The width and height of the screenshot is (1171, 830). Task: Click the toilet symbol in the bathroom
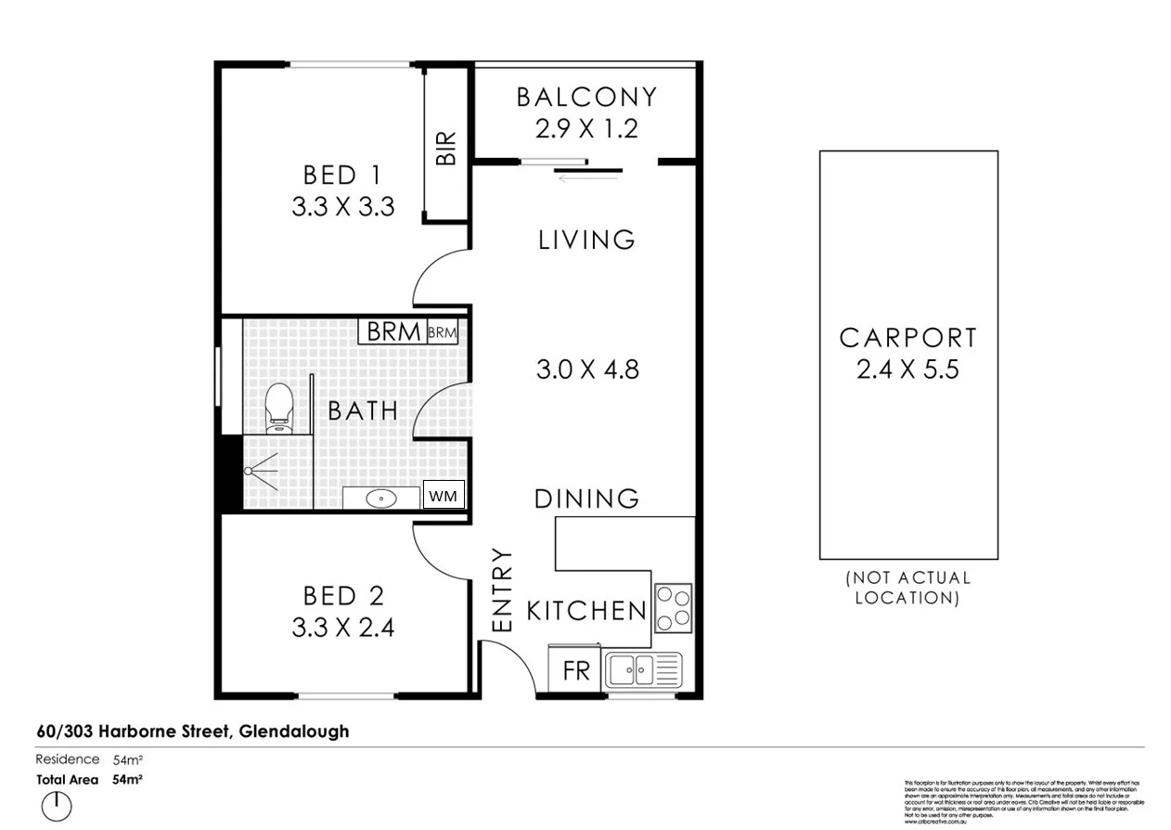278,408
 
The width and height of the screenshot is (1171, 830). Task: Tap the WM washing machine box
443,496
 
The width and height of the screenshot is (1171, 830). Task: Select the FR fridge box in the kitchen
576,670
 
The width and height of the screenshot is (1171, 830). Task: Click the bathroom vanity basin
381,499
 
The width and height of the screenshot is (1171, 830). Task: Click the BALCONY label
586,97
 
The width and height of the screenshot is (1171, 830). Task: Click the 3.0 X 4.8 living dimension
587,370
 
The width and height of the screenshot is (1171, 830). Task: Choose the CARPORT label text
907,338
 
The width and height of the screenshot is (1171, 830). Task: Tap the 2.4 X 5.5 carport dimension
907,370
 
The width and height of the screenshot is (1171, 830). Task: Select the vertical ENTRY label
502,590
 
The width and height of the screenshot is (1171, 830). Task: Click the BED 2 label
343,595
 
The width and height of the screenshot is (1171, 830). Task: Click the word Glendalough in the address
294,732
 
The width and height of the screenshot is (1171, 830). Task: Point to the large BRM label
393,331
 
